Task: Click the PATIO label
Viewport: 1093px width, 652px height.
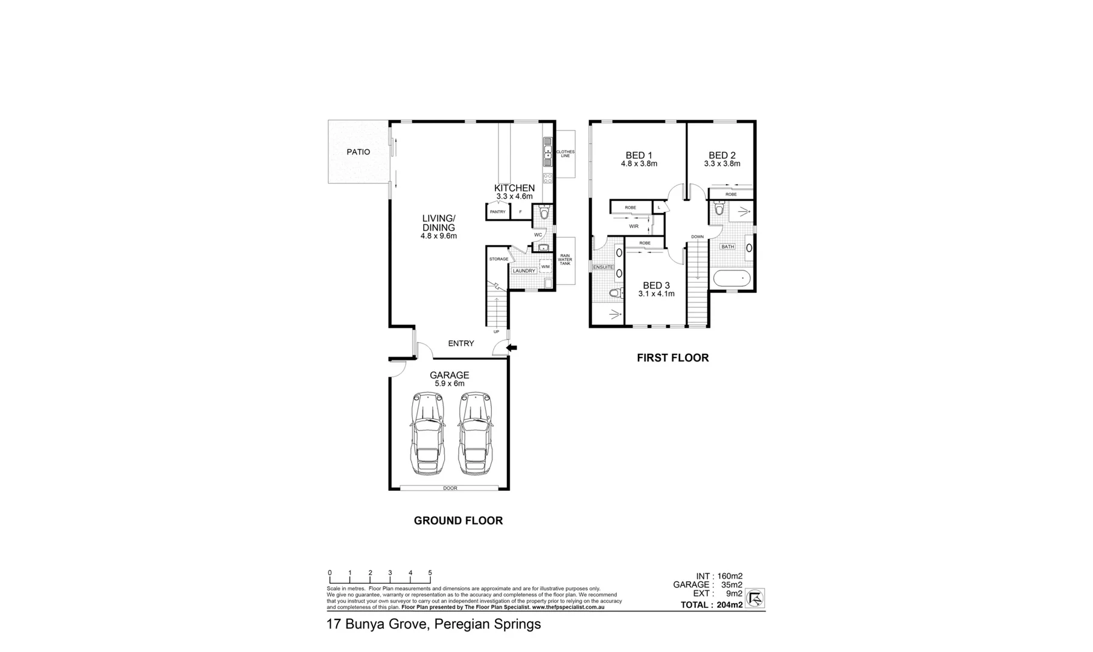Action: pyautogui.click(x=358, y=152)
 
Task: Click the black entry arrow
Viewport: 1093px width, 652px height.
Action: pyautogui.click(x=512, y=348)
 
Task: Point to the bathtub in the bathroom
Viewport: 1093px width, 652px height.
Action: pyautogui.click(x=731, y=280)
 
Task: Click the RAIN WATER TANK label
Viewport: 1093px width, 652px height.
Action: pyautogui.click(x=564, y=260)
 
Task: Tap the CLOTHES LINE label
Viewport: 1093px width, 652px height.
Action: pyautogui.click(x=565, y=154)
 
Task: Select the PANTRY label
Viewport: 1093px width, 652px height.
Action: pyautogui.click(x=498, y=212)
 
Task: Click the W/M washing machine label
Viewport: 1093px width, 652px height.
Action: pyautogui.click(x=545, y=267)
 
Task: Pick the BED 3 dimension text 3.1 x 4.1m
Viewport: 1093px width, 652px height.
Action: pyautogui.click(x=656, y=294)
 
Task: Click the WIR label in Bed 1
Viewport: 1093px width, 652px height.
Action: pyautogui.click(x=634, y=226)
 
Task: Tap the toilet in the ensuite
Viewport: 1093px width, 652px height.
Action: pyautogui.click(x=614, y=294)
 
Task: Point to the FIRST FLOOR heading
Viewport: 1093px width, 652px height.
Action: pyautogui.click(x=672, y=358)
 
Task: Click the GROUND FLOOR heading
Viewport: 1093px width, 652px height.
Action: pyautogui.click(x=458, y=520)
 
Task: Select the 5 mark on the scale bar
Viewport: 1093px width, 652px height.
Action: pyautogui.click(x=430, y=573)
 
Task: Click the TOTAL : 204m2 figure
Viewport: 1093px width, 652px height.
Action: pyautogui.click(x=712, y=605)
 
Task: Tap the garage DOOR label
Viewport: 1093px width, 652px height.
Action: pyautogui.click(x=450, y=488)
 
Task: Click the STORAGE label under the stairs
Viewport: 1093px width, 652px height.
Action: pyautogui.click(x=499, y=259)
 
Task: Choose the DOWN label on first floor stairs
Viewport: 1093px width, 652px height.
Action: pyautogui.click(x=697, y=237)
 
